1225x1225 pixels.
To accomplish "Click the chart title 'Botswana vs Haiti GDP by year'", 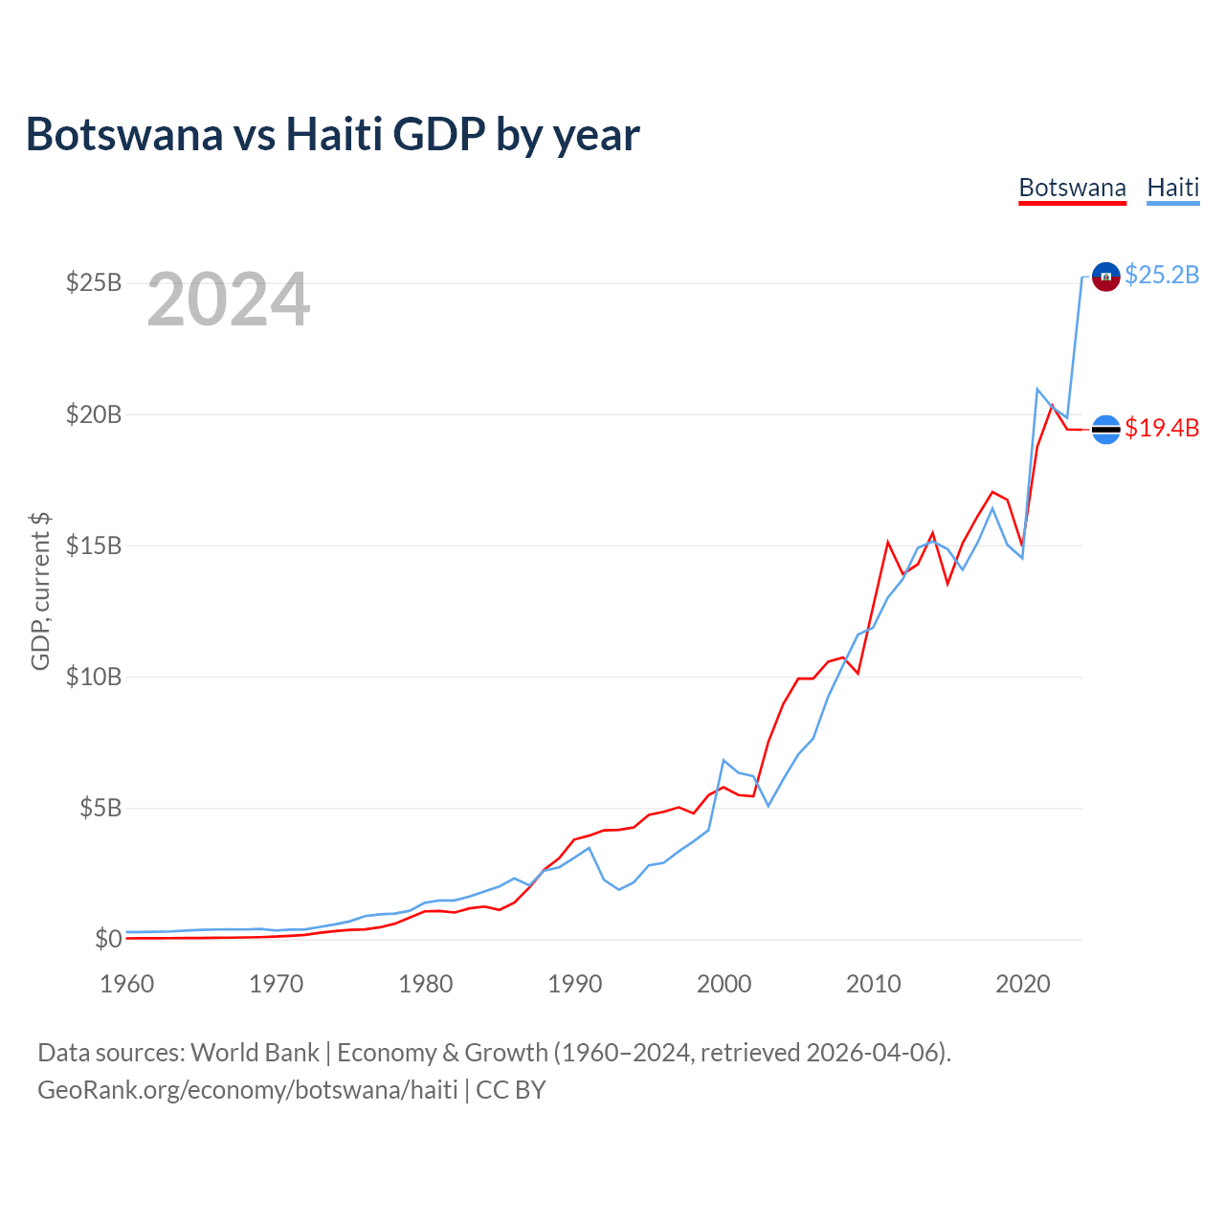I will coord(332,134).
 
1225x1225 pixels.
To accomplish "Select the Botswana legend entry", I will coord(1072,188).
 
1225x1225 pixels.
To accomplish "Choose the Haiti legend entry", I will coord(1172,188).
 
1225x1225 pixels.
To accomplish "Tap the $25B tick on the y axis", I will coord(94,283).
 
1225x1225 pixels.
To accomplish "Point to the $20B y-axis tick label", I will coord(94,414).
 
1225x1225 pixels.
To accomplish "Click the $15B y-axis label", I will coord(94,546).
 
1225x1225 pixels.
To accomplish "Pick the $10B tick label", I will coord(94,677).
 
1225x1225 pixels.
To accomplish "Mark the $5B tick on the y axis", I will coord(100,808).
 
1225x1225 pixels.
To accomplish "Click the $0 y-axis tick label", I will coord(108,939).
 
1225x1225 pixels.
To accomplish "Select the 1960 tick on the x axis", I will coord(127,984).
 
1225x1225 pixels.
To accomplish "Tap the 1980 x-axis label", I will coord(426,984).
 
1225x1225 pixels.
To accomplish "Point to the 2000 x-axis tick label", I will coord(724,984).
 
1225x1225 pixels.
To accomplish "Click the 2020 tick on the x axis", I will coord(1023,984).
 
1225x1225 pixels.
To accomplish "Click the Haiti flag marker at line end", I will coord(1105,277).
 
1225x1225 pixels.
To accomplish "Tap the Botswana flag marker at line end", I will coord(1105,430).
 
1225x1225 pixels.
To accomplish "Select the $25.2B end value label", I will coord(1162,276).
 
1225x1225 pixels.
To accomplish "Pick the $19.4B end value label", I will coord(1162,428).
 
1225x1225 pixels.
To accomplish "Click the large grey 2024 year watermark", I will coord(228,301).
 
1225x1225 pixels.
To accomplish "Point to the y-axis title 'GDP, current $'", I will coord(40,590).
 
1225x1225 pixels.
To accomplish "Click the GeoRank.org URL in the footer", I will coord(247,1090).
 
